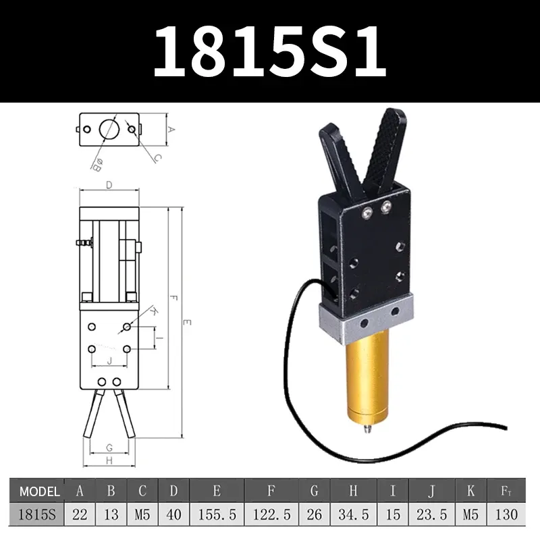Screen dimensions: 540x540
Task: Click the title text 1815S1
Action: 270,52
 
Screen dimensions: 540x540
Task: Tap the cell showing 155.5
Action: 217,514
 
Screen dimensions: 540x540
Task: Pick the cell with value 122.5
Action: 271,514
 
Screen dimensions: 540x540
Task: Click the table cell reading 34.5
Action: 354,514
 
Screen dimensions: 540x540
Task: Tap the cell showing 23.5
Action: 432,514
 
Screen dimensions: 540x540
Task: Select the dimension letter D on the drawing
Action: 108,184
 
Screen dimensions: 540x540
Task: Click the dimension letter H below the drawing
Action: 109,460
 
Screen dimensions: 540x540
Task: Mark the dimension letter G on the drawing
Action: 109,448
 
